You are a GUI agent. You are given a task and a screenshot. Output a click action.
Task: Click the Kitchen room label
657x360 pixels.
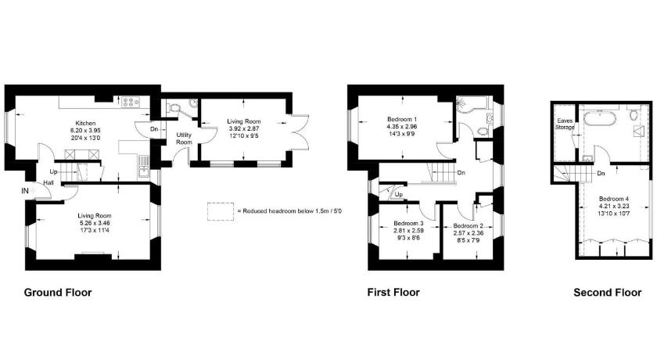pos(85,123)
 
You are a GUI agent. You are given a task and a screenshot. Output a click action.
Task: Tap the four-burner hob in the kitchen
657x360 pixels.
pos(131,102)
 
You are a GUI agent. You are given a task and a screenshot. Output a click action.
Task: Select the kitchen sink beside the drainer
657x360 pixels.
pos(144,170)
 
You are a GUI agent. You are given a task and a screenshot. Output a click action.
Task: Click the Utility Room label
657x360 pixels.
pos(184,139)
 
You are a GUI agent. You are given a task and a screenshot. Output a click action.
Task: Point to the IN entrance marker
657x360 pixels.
pos(25,191)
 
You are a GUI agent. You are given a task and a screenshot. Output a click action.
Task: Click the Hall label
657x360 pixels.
pos(48,183)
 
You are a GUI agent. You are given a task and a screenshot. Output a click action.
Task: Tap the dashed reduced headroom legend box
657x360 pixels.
pos(221,211)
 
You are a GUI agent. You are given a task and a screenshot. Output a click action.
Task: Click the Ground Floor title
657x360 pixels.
pos(58,293)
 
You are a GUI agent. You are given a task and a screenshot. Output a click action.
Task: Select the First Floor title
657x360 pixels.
pos(393,292)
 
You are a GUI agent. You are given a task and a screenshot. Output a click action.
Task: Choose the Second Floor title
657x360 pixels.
pos(607,293)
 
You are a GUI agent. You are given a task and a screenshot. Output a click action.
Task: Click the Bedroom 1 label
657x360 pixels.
pos(402,120)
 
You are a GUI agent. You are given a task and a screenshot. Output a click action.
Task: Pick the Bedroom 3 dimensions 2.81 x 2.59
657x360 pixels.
pos(408,231)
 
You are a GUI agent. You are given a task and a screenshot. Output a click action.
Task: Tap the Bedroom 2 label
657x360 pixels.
pos(468,226)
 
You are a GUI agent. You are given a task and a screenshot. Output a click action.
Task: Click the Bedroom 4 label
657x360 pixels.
pos(614,199)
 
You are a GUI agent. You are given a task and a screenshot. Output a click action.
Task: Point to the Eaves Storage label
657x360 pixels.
pos(565,124)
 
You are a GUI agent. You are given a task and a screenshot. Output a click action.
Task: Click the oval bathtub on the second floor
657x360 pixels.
pos(600,119)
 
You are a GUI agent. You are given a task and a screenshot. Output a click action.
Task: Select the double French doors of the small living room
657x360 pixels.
pos(299,131)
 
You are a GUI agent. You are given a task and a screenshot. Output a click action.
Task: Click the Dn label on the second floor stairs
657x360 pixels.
pos(601,173)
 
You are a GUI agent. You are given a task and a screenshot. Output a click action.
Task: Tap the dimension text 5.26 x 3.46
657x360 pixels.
pos(95,223)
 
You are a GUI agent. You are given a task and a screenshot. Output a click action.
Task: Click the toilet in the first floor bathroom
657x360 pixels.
pos(482,131)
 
